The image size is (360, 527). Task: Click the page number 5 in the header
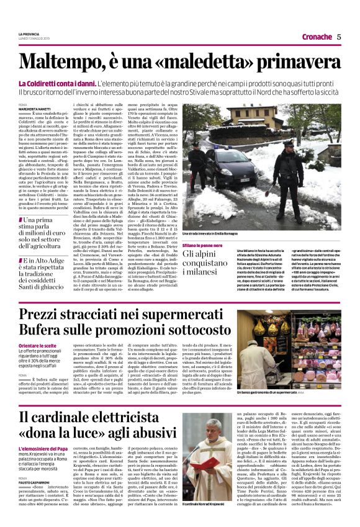340,37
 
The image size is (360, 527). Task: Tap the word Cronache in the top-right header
316,37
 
